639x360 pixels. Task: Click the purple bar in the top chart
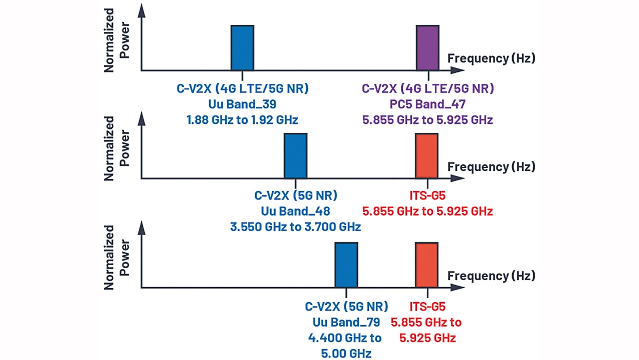pyautogui.click(x=428, y=48)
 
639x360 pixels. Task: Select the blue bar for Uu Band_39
pyautogui.click(x=242, y=48)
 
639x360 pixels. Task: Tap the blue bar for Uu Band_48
pyautogui.click(x=296, y=155)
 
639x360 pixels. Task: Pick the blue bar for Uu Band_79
pyautogui.click(x=346, y=265)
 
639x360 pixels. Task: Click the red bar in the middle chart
pyautogui.click(x=427, y=155)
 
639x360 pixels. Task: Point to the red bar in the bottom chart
pyautogui.click(x=427, y=265)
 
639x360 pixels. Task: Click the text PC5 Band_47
pyautogui.click(x=427, y=104)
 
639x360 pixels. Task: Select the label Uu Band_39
pyautogui.click(x=243, y=104)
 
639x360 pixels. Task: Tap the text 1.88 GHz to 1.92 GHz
pyautogui.click(x=243, y=120)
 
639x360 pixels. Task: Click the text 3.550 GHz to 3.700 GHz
pyautogui.click(x=296, y=227)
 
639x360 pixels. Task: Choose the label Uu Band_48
pyautogui.click(x=296, y=211)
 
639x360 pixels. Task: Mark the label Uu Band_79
pyautogui.click(x=346, y=322)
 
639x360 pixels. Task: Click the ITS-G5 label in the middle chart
pyautogui.click(x=427, y=195)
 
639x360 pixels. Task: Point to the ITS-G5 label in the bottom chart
pyautogui.click(x=427, y=306)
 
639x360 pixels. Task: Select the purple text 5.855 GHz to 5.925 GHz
pyautogui.click(x=427, y=120)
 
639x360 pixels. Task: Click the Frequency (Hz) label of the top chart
pyautogui.click(x=491, y=58)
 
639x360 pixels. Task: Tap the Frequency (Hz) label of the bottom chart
pyautogui.click(x=491, y=276)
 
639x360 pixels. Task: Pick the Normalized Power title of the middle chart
pyautogui.click(x=116, y=148)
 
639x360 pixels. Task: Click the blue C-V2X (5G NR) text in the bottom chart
pyautogui.click(x=346, y=306)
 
